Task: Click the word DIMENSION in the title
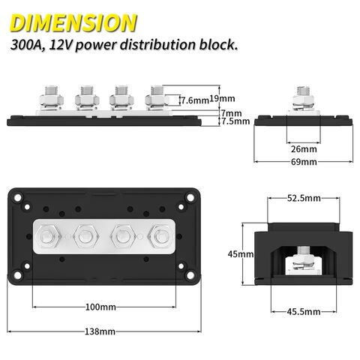coord(73,20)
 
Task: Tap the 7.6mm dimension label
coord(193,99)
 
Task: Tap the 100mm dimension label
coord(100,307)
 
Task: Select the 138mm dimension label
coord(100,331)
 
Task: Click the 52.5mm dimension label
coord(304,199)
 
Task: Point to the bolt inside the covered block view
coord(304,256)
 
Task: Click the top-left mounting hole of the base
coord(16,197)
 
